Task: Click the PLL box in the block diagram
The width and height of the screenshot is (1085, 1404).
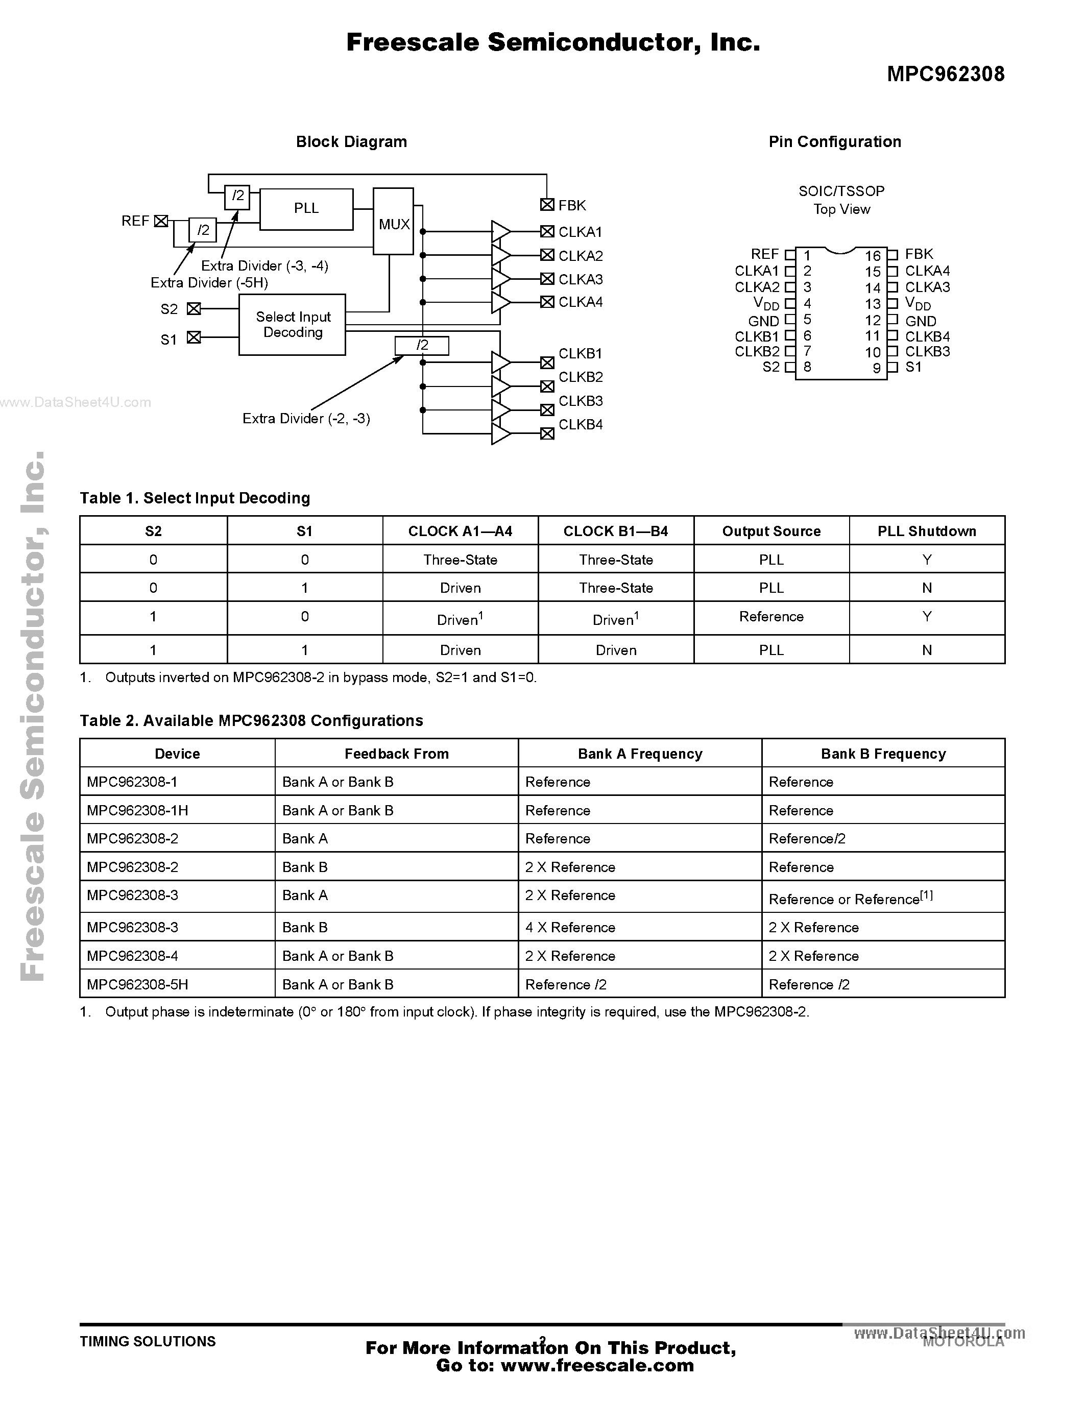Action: click(306, 209)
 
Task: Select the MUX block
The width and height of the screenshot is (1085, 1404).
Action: click(393, 222)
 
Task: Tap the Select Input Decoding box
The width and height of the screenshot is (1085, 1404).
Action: click(293, 325)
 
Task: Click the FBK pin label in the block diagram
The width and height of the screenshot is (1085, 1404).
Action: click(572, 205)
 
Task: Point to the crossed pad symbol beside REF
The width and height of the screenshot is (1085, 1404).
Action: click(161, 221)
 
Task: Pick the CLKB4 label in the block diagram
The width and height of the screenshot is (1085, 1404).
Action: click(581, 424)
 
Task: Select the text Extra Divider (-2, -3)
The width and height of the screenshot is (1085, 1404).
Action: click(306, 419)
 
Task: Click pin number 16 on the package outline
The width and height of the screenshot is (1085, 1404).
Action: click(872, 256)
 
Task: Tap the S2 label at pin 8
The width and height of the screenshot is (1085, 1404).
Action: click(770, 367)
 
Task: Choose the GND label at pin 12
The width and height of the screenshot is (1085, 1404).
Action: click(921, 321)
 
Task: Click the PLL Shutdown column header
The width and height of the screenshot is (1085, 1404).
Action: click(926, 531)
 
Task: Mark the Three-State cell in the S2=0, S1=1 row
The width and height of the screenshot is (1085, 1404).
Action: click(616, 588)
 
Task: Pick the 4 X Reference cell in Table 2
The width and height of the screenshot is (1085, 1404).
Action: click(570, 927)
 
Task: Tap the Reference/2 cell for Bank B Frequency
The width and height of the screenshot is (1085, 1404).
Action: click(807, 838)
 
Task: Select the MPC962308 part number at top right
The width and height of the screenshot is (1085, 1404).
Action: click(945, 75)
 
